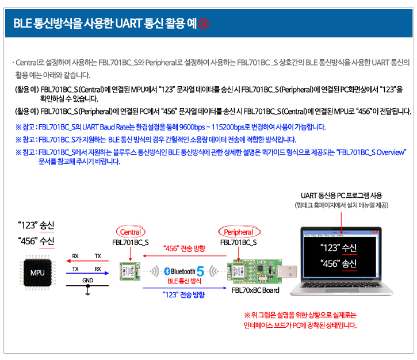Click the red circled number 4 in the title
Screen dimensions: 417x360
coord(204,24)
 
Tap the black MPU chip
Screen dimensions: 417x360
coord(37,273)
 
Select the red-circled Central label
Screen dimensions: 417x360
coord(131,232)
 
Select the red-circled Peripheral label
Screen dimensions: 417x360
coord(239,232)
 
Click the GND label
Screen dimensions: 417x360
coord(88,280)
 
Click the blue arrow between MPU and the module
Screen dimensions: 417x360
coord(87,273)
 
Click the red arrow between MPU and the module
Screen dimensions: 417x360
coord(87,261)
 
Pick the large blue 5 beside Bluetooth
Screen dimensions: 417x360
coord(200,271)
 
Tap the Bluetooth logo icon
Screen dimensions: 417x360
coord(167,271)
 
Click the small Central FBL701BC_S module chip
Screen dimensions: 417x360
coord(130,271)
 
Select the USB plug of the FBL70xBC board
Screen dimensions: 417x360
coord(287,271)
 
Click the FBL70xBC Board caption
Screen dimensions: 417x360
coord(255,290)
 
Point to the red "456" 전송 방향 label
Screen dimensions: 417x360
coord(184,248)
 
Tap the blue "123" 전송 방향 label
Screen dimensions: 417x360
coord(184,294)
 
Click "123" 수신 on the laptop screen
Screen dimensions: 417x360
coord(338,248)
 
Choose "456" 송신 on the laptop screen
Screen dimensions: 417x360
coord(338,263)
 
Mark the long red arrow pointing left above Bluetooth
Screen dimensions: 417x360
coord(185,256)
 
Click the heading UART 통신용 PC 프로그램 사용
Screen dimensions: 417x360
coord(342,196)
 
